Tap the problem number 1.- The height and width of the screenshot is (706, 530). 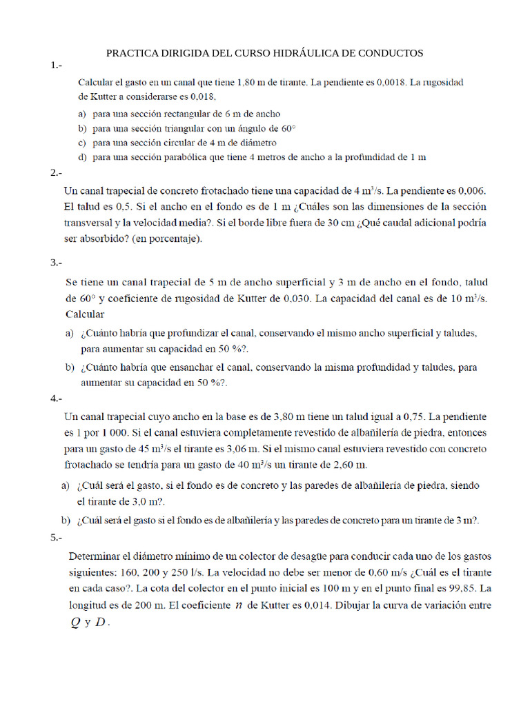(x=56, y=65)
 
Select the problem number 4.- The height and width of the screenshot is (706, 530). (x=56, y=399)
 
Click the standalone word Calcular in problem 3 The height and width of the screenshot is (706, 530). (x=85, y=314)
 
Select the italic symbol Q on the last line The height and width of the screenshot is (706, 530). (x=76, y=622)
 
